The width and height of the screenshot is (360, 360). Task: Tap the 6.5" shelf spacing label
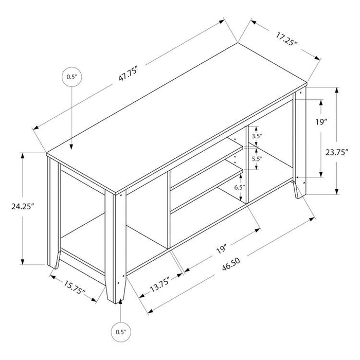[239, 188]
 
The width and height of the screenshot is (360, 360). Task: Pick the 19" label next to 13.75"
[221, 250]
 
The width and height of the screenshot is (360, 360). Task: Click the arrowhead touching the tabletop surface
[71, 147]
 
